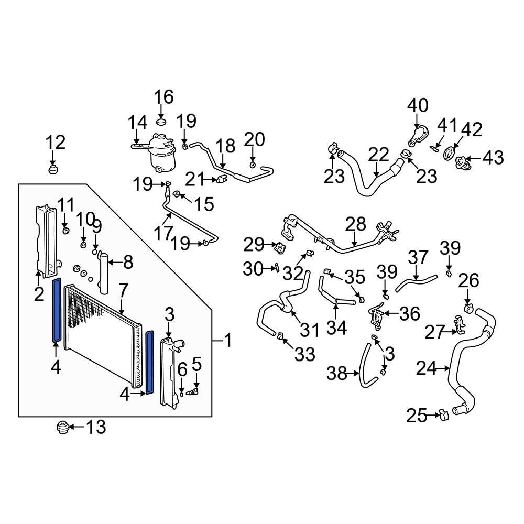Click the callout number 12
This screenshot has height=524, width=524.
pyautogui.click(x=55, y=142)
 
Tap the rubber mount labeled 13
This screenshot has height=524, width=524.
pyautogui.click(x=63, y=428)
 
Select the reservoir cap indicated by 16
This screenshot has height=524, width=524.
pyautogui.click(x=162, y=122)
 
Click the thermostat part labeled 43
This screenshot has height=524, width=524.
pyautogui.click(x=462, y=159)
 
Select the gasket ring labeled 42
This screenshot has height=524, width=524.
pyautogui.click(x=450, y=153)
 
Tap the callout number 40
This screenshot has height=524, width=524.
pyautogui.click(x=418, y=105)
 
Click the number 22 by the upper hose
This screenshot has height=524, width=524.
pyautogui.click(x=378, y=155)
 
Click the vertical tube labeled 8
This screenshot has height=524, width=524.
pyautogui.click(x=104, y=272)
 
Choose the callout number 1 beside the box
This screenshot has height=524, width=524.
pyautogui.click(x=227, y=342)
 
